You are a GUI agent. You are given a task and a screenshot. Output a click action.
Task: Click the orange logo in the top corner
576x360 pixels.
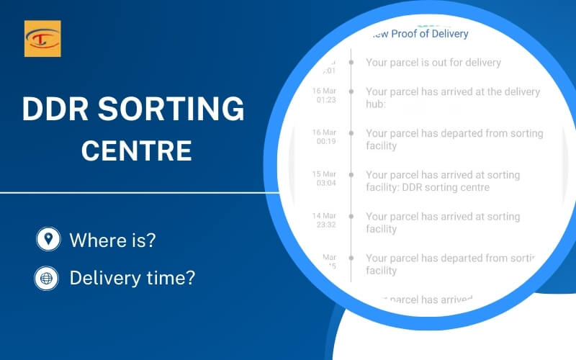click(42, 39)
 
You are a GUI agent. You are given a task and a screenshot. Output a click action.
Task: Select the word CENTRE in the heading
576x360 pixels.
click(136, 150)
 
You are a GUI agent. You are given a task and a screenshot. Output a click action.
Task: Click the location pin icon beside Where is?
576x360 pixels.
click(48, 239)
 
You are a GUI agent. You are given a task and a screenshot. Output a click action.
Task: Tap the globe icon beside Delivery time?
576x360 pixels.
click(48, 277)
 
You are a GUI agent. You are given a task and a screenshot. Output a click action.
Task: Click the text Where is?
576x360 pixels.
click(112, 240)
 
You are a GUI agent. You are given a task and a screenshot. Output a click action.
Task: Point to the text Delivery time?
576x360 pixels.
click(132, 277)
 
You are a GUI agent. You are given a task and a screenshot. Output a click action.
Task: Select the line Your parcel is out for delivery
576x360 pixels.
click(433, 63)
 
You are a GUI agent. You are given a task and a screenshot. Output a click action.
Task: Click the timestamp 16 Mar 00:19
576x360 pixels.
click(325, 139)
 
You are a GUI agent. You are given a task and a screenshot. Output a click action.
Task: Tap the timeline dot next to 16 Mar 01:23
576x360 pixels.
click(351, 92)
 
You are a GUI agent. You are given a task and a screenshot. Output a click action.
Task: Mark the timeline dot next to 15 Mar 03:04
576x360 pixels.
click(351, 175)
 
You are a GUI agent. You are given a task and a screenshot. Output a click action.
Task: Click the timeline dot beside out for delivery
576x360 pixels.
click(351, 63)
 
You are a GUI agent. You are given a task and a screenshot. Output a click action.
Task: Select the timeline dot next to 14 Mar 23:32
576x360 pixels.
click(351, 217)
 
